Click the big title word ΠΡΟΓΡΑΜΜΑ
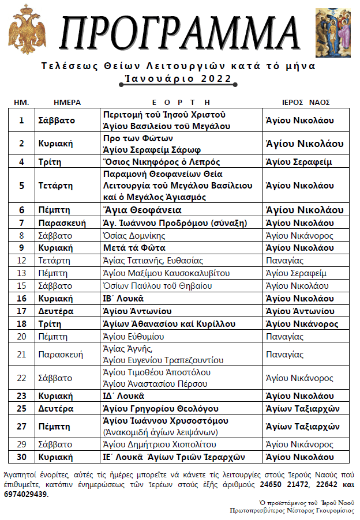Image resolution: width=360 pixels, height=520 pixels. [181, 33]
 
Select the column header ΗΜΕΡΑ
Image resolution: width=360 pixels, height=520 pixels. [67, 102]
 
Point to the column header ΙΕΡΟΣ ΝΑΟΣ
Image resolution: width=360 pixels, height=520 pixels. [306, 102]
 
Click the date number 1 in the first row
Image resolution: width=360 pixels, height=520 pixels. [22, 120]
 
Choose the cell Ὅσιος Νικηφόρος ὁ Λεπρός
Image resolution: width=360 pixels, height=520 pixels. [161, 162]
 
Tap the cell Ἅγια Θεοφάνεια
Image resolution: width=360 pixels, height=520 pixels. [142, 210]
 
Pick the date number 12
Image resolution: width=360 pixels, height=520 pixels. [22, 261]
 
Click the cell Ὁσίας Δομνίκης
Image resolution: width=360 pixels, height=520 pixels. [134, 235]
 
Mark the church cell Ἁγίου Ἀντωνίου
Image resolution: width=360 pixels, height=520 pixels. [299, 311]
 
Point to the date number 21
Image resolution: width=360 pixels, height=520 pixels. [22, 355]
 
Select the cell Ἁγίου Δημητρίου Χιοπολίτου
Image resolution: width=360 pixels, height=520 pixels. [159, 444]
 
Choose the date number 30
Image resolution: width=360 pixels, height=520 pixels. [22, 457]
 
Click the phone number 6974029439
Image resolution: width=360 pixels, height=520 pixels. [27, 494]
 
